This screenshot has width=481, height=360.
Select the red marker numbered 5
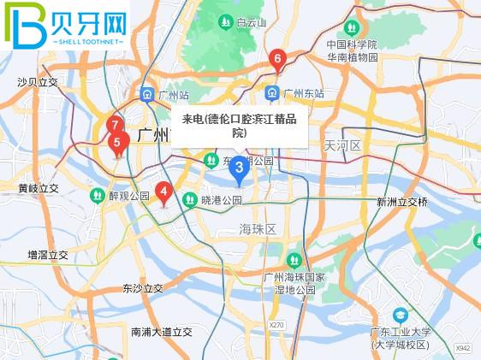point(117,143)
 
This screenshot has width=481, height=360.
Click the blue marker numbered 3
point(239,168)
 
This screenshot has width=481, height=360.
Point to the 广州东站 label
point(305,93)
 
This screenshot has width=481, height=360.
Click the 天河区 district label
point(342,146)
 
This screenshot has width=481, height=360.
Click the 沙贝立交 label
point(38,82)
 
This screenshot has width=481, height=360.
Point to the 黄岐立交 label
point(38,188)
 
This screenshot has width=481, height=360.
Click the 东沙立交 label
point(143,289)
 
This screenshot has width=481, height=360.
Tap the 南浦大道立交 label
point(162,331)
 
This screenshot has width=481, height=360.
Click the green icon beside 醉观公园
point(98,196)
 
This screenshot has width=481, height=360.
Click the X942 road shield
point(463,349)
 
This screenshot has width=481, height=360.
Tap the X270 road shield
point(276,326)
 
